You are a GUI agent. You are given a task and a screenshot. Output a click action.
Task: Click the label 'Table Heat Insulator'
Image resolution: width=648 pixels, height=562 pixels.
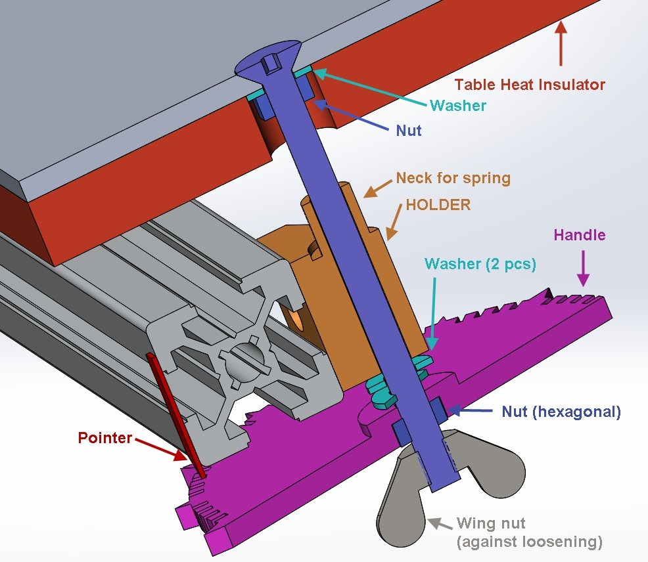530,84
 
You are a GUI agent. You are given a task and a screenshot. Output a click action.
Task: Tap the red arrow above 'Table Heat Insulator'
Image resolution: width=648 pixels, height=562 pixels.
560,43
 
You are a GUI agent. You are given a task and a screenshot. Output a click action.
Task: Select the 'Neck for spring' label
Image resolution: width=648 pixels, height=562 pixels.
453,178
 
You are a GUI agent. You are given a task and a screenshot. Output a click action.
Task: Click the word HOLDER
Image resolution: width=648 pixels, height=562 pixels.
438,204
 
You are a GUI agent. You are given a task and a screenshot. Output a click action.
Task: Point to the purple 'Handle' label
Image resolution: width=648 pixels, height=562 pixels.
580,234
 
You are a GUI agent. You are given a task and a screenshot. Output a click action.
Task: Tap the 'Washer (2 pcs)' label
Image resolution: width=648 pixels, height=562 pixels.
480,264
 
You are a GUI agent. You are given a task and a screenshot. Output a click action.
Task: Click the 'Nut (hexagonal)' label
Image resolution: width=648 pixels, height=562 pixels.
561,412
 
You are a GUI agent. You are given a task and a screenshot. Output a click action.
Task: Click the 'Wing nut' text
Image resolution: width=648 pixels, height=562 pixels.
492,524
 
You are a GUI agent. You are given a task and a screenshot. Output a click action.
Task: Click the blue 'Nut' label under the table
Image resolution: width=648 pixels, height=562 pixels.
408,131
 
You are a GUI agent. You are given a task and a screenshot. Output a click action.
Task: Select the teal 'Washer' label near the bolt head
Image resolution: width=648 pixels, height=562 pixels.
458,105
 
